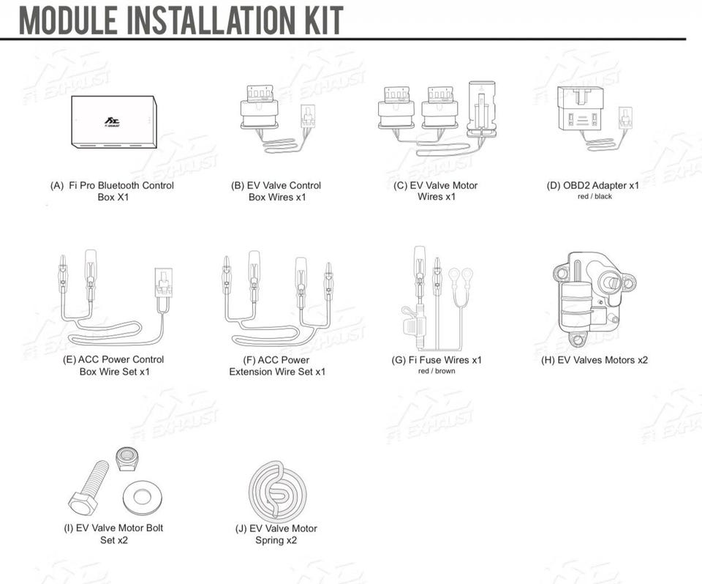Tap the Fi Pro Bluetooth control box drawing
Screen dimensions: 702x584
(114, 122)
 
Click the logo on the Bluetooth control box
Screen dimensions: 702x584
(112, 121)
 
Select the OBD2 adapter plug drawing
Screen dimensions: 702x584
(580, 108)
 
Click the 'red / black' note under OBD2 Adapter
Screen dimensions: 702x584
(595, 196)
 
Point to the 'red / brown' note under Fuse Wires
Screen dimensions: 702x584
(437, 371)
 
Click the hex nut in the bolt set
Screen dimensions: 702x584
(127, 459)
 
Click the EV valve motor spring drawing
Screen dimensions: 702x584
(278, 492)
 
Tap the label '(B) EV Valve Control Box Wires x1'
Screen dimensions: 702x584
(276, 192)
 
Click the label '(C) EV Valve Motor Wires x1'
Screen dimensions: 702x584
(436, 191)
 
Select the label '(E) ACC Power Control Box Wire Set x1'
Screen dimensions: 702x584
(114, 365)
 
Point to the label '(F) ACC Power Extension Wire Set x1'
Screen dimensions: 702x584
(277, 366)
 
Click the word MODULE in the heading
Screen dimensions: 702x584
(68, 20)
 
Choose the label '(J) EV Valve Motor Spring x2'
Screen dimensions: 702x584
(276, 534)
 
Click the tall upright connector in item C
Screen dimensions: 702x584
(481, 110)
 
